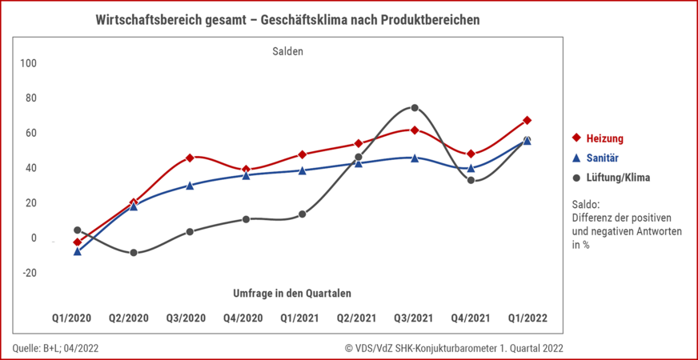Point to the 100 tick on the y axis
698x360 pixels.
[x=29, y=63]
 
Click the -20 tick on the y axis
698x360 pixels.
[x=29, y=273]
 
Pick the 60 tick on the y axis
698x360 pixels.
[x=31, y=133]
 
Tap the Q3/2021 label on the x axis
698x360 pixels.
[x=414, y=318]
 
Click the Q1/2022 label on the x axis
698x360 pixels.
[x=527, y=318]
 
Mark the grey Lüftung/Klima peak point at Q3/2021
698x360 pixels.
[x=415, y=107]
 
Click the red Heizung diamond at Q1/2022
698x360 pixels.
[x=527, y=121]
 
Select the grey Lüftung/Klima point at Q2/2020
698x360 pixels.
[x=134, y=253]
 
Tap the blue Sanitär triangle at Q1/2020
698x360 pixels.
[x=77, y=251]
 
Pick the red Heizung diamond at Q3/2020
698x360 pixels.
[x=190, y=158]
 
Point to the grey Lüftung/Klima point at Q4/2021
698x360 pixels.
[x=471, y=181]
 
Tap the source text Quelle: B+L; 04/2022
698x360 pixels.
[x=56, y=348]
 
